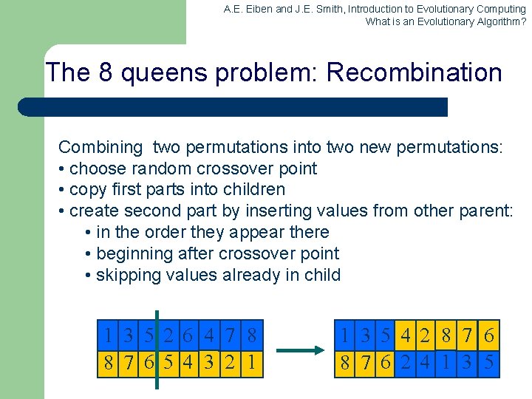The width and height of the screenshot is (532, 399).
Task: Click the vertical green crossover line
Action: (157, 347)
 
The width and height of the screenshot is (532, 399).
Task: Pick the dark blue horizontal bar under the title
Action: (233, 107)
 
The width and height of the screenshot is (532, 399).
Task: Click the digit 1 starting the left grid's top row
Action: (109, 336)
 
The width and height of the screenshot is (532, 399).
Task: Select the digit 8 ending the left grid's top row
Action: (253, 336)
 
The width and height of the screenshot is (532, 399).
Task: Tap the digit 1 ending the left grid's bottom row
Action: (253, 363)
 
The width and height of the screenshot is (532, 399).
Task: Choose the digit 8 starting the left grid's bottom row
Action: (109, 363)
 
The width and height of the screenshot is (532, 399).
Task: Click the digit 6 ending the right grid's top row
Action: (489, 336)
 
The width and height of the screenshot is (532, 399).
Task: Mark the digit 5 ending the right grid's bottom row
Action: (489, 363)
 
